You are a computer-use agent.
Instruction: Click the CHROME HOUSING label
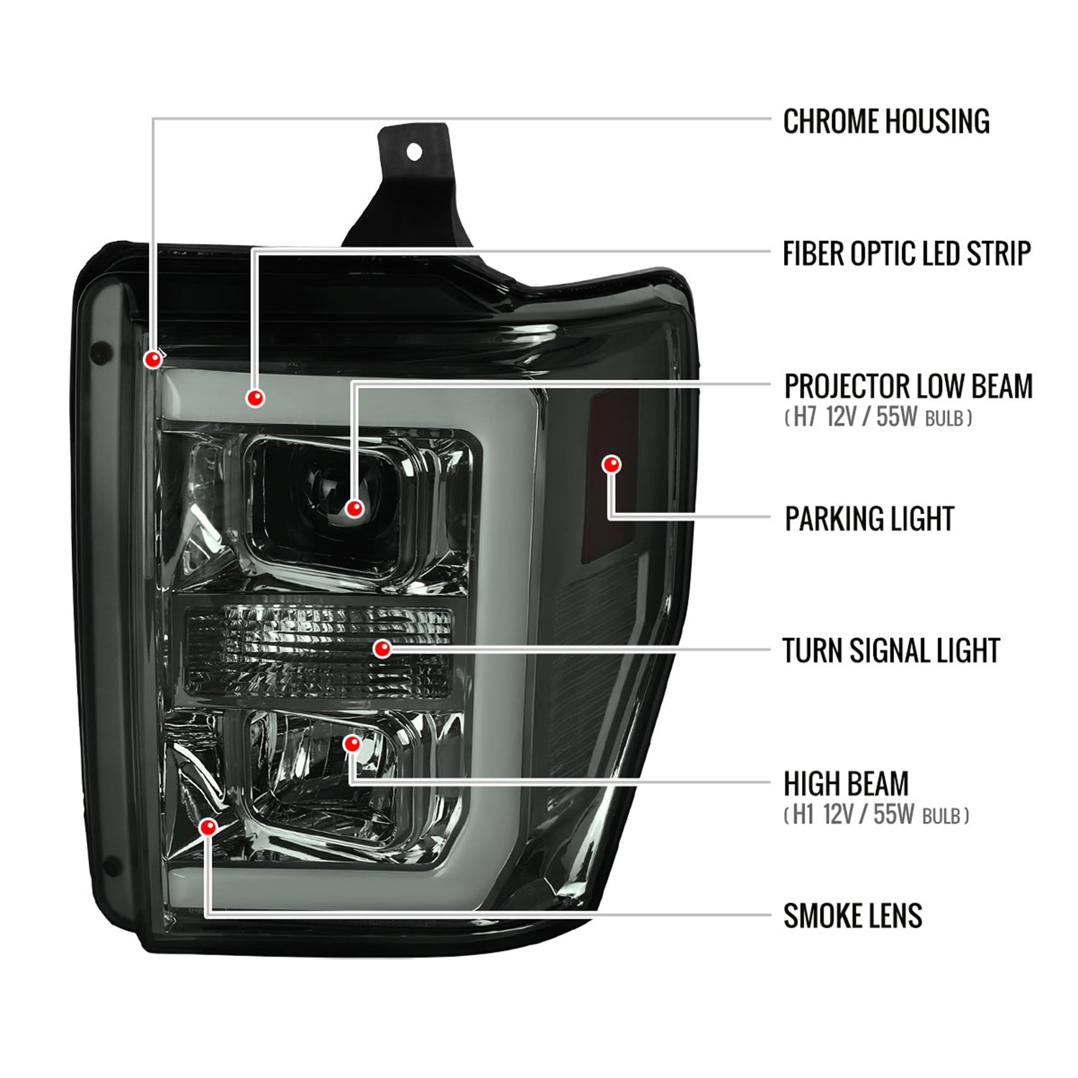pyautogui.click(x=885, y=121)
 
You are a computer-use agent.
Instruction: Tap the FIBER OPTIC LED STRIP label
pyautogui.click(x=906, y=254)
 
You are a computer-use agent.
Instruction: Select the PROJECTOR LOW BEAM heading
pyautogui.click(x=908, y=386)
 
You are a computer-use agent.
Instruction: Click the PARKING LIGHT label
pyautogui.click(x=869, y=518)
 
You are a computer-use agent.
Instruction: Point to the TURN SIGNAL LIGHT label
pyautogui.click(x=890, y=650)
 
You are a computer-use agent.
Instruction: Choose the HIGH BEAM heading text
pyautogui.click(x=846, y=783)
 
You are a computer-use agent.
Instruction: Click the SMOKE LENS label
pyautogui.click(x=852, y=916)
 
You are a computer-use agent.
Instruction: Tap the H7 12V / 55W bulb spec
pyautogui.click(x=878, y=417)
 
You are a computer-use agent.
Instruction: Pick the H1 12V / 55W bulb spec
pyautogui.click(x=876, y=815)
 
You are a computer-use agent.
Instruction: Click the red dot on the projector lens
pyautogui.click(x=354, y=509)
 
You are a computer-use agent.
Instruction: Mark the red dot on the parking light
pyautogui.click(x=612, y=464)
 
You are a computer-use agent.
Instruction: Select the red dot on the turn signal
pyautogui.click(x=382, y=649)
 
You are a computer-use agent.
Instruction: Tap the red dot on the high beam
pyautogui.click(x=351, y=744)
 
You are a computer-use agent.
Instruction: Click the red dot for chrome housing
pyautogui.click(x=153, y=359)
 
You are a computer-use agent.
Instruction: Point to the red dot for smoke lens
pyautogui.click(x=208, y=827)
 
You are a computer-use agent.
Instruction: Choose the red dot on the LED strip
pyautogui.click(x=255, y=397)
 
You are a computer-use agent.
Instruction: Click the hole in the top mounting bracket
pyautogui.click(x=414, y=152)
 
